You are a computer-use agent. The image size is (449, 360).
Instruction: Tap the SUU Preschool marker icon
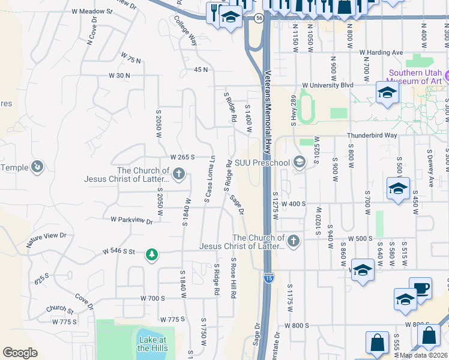click(x=299, y=161)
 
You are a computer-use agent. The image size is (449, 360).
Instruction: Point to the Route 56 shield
click(x=258, y=19)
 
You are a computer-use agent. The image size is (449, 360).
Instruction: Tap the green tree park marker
click(x=152, y=256)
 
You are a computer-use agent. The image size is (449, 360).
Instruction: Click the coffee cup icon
click(x=420, y=288)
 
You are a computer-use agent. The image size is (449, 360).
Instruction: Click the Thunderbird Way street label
click(x=373, y=136)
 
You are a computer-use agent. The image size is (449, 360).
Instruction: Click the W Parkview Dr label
click(x=132, y=220)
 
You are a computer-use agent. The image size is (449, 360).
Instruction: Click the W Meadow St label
click(x=92, y=11)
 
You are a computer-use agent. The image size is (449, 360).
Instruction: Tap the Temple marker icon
click(x=38, y=166)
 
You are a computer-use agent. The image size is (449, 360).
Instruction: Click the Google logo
click(x=20, y=353)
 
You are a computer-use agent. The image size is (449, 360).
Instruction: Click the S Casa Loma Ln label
click(x=209, y=178)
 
